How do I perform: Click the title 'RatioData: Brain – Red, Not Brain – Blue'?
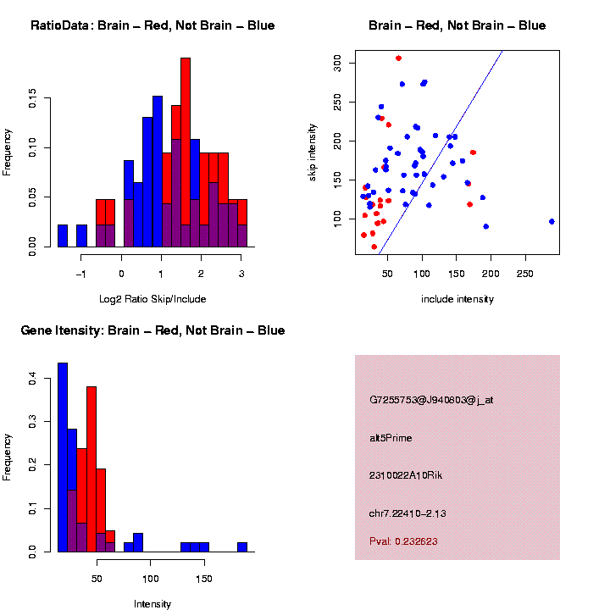coord(152,25)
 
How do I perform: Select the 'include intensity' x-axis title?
coord(457,299)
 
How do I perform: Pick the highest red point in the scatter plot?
coord(398,58)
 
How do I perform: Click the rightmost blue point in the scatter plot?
coord(552,221)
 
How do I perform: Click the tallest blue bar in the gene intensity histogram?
coord(63,457)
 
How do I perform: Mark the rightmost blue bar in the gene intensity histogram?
coord(242,547)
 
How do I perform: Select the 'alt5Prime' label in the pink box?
coord(391,438)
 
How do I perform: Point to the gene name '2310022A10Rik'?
coord(406,475)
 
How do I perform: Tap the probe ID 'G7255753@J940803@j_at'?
coord(430,400)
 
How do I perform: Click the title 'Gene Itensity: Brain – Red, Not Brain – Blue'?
coord(152,330)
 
